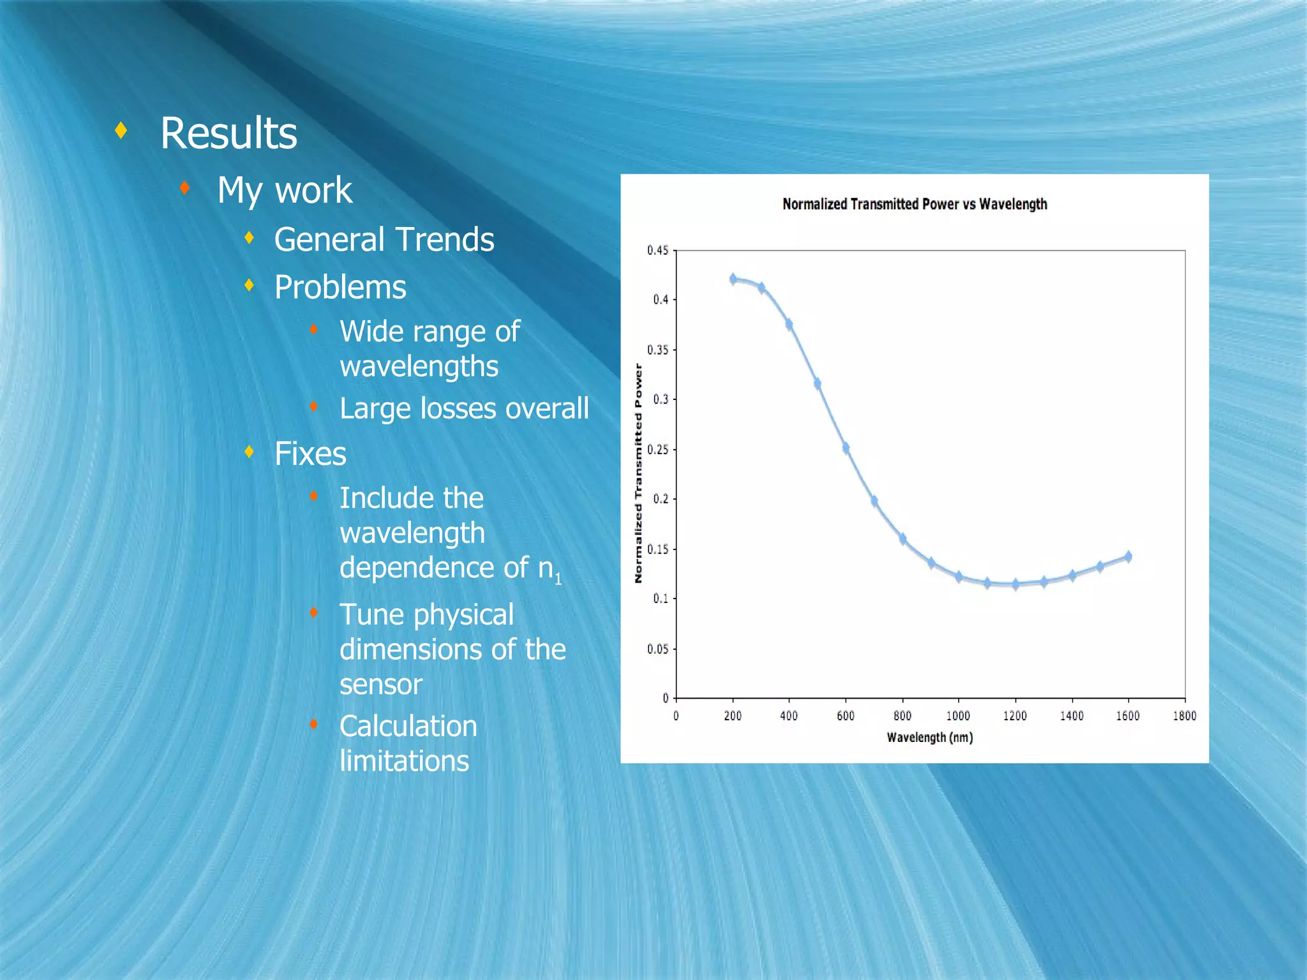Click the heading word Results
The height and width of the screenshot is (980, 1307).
[228, 133]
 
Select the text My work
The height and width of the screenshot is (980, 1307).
[285, 190]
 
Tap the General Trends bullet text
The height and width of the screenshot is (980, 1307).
[384, 240]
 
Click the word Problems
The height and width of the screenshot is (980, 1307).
[340, 287]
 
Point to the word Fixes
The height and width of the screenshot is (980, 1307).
[310, 454]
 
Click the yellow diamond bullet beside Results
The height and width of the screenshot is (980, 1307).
[121, 131]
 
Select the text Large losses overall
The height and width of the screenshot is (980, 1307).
[464, 408]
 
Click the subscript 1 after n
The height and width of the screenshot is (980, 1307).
[558, 579]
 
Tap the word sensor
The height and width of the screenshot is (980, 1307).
[381, 685]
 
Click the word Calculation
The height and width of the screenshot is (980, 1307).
[408, 726]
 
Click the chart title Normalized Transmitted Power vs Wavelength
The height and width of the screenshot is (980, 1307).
[915, 204]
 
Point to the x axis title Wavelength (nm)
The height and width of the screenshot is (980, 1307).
[930, 738]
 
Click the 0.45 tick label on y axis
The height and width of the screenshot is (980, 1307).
[658, 250]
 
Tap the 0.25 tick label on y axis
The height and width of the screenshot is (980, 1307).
[658, 450]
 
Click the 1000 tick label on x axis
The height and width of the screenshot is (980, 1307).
[958, 716]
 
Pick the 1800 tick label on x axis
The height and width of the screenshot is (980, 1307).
[1184, 716]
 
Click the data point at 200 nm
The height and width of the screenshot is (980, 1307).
[733, 279]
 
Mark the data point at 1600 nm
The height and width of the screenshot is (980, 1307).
[1128, 556]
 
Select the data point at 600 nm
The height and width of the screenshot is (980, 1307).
[846, 448]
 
